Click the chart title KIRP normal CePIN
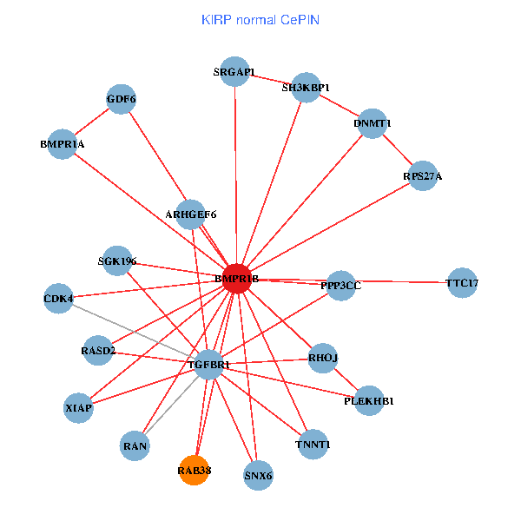coord(260,19)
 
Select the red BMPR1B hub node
coord(237,279)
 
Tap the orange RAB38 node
coord(195,471)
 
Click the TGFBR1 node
coord(209,365)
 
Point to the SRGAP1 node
coord(234,73)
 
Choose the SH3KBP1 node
coord(307,88)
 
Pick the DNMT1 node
coord(372,123)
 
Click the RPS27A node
coord(423,176)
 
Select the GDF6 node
coord(122,99)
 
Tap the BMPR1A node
coord(62,144)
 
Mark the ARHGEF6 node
coord(190,214)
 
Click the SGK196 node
coord(117,260)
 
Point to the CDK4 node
coord(58,300)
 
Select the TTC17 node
coord(462,283)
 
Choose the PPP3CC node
coord(340,286)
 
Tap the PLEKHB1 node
coord(369,401)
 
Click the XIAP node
coord(78,406)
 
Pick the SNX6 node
coord(259,475)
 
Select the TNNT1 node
coord(313,445)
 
